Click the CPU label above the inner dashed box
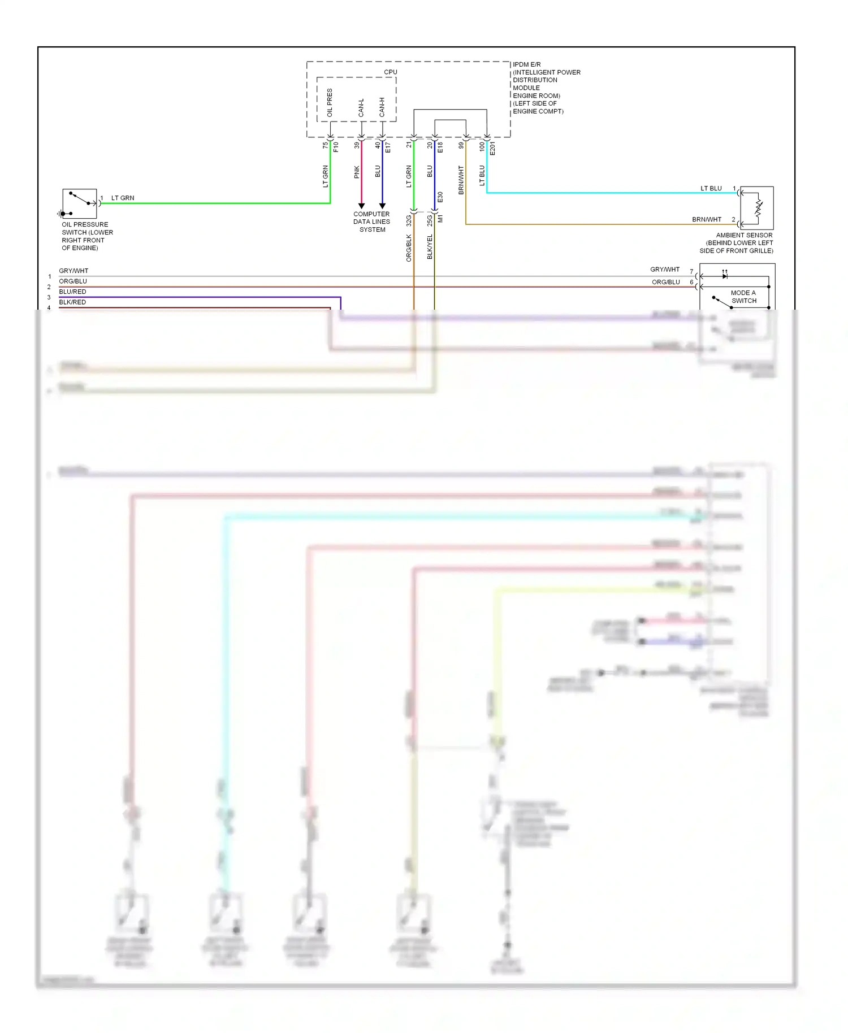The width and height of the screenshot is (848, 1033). pos(390,72)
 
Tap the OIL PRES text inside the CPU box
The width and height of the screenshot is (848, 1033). pos(330,103)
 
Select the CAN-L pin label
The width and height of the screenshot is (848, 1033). pos(361,108)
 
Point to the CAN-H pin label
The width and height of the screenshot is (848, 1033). pos(382,107)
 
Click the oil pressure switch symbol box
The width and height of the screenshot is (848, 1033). pos(80,204)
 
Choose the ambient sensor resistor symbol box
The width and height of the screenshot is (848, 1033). pos(756,208)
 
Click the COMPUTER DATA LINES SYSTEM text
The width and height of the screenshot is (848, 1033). pos(371,222)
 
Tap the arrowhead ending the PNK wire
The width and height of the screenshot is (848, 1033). pos(361,206)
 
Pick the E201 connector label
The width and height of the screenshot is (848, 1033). pos(492,149)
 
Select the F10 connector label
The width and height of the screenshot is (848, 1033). pos(336,147)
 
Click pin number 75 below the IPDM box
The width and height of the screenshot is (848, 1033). pos(325,145)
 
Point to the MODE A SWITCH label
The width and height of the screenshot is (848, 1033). pos(743,297)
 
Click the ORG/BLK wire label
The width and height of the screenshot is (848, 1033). pos(409,248)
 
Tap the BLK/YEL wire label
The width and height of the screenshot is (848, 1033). pos(430,247)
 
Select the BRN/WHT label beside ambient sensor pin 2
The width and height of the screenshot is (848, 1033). pos(707,219)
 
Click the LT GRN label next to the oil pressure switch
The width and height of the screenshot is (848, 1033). pos(123,198)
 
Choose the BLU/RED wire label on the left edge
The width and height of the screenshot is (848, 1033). pos(72,292)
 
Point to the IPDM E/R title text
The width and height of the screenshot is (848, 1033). pos(526,64)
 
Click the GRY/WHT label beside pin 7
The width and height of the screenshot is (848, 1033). pos(665,270)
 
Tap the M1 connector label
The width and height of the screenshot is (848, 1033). pos(440,218)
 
